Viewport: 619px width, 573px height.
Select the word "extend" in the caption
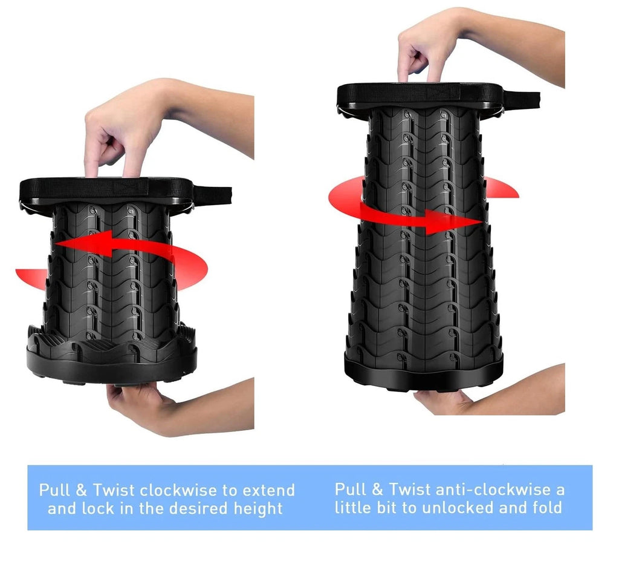[x=268, y=490]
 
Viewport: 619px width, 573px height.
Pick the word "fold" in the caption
[x=548, y=508]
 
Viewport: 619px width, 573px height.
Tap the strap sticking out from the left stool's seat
[x=212, y=195]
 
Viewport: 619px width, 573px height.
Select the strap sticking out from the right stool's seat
[x=521, y=100]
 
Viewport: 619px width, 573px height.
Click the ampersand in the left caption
[x=81, y=491]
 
